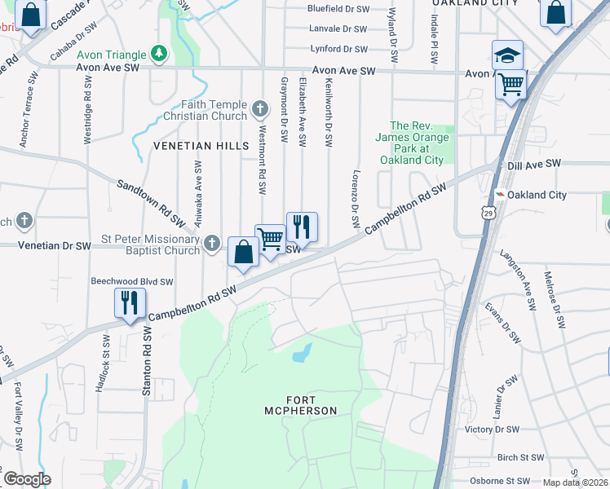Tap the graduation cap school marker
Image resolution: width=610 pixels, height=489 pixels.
tap(507, 55)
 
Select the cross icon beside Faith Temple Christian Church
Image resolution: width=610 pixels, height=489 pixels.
tap(259, 108)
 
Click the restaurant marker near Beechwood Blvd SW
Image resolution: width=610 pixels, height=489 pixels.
tap(130, 303)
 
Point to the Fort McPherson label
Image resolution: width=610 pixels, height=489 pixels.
tap(300, 405)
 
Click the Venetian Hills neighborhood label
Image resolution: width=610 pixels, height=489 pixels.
tap(201, 145)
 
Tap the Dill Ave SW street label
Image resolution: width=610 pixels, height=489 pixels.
tap(534, 164)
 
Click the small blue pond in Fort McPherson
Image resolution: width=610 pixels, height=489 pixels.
tap(302, 353)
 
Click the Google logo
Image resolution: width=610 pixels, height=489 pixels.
tap(27, 479)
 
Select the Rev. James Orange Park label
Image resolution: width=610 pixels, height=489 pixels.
tap(419, 143)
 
